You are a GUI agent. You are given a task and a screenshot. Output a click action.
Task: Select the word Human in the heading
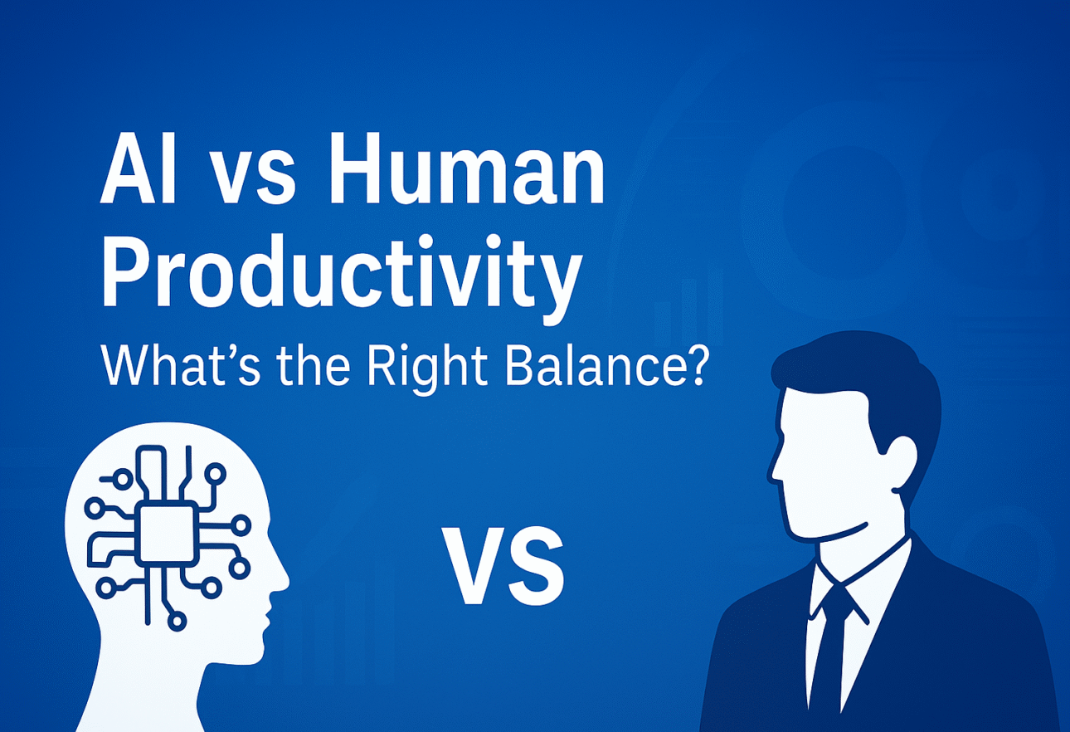467,169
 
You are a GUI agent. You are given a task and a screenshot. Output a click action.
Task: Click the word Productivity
342,277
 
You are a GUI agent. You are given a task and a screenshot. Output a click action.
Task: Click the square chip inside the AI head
167,534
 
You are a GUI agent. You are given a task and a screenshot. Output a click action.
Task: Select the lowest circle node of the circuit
177,621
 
